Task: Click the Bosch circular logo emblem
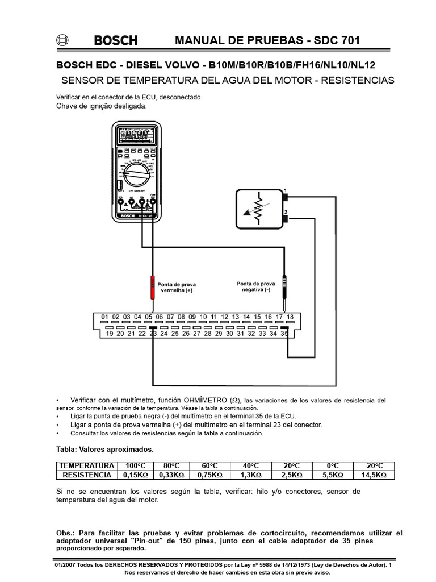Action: [x=62, y=40]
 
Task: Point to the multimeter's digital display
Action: [x=136, y=135]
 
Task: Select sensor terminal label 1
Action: [x=286, y=190]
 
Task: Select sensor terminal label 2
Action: [x=286, y=211]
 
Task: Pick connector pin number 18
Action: [x=290, y=317]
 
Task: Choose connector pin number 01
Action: [x=104, y=317]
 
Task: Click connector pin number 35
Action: [x=284, y=334]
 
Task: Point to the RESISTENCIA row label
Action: [x=87, y=475]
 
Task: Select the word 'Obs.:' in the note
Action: [x=66, y=533]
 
